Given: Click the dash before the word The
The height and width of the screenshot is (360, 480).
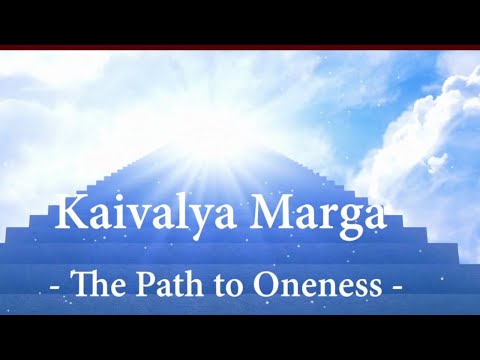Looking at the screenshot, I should pos(54,289).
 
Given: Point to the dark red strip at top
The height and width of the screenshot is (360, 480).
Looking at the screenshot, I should pos(240,47).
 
